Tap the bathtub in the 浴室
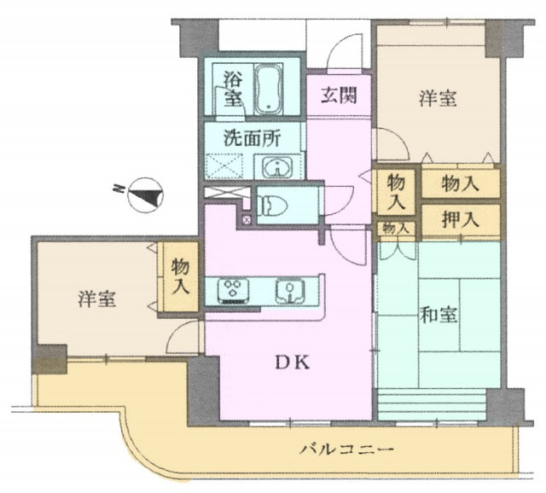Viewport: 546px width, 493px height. [268, 89]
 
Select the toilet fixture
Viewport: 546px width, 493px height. [272, 206]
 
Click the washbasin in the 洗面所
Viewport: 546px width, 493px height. [277, 167]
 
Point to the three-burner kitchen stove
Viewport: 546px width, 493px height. [233, 290]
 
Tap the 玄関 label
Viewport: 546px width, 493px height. [339, 96]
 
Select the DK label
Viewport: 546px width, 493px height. [292, 363]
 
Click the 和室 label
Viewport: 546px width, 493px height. [438, 315]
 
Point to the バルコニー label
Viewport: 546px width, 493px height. [346, 449]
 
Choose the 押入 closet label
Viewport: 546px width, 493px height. [461, 220]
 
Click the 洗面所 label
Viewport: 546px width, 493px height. [252, 138]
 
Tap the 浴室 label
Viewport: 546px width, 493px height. [233, 89]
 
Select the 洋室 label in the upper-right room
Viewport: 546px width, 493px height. [438, 98]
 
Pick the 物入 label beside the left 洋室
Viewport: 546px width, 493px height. [180, 276]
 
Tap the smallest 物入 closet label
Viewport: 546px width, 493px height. [396, 229]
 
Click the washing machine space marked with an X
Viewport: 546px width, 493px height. [224, 166]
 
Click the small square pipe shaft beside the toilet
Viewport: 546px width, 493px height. [247, 220]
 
